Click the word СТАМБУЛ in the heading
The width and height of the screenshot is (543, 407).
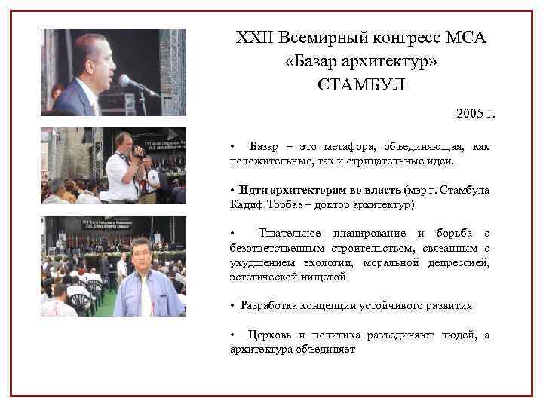coord(361,84)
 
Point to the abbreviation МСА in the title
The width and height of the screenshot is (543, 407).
coord(463,38)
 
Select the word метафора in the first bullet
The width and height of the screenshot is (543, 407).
coord(333,145)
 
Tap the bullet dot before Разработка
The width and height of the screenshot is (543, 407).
coord(233,305)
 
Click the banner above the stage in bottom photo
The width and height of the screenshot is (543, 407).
coord(112,224)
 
